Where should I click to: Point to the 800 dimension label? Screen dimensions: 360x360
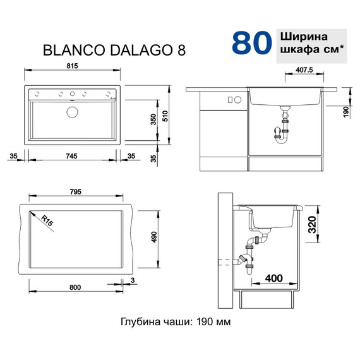pyautogui.click(x=75, y=288)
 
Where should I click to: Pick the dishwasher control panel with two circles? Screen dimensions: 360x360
pyautogui.click(x=232, y=100)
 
